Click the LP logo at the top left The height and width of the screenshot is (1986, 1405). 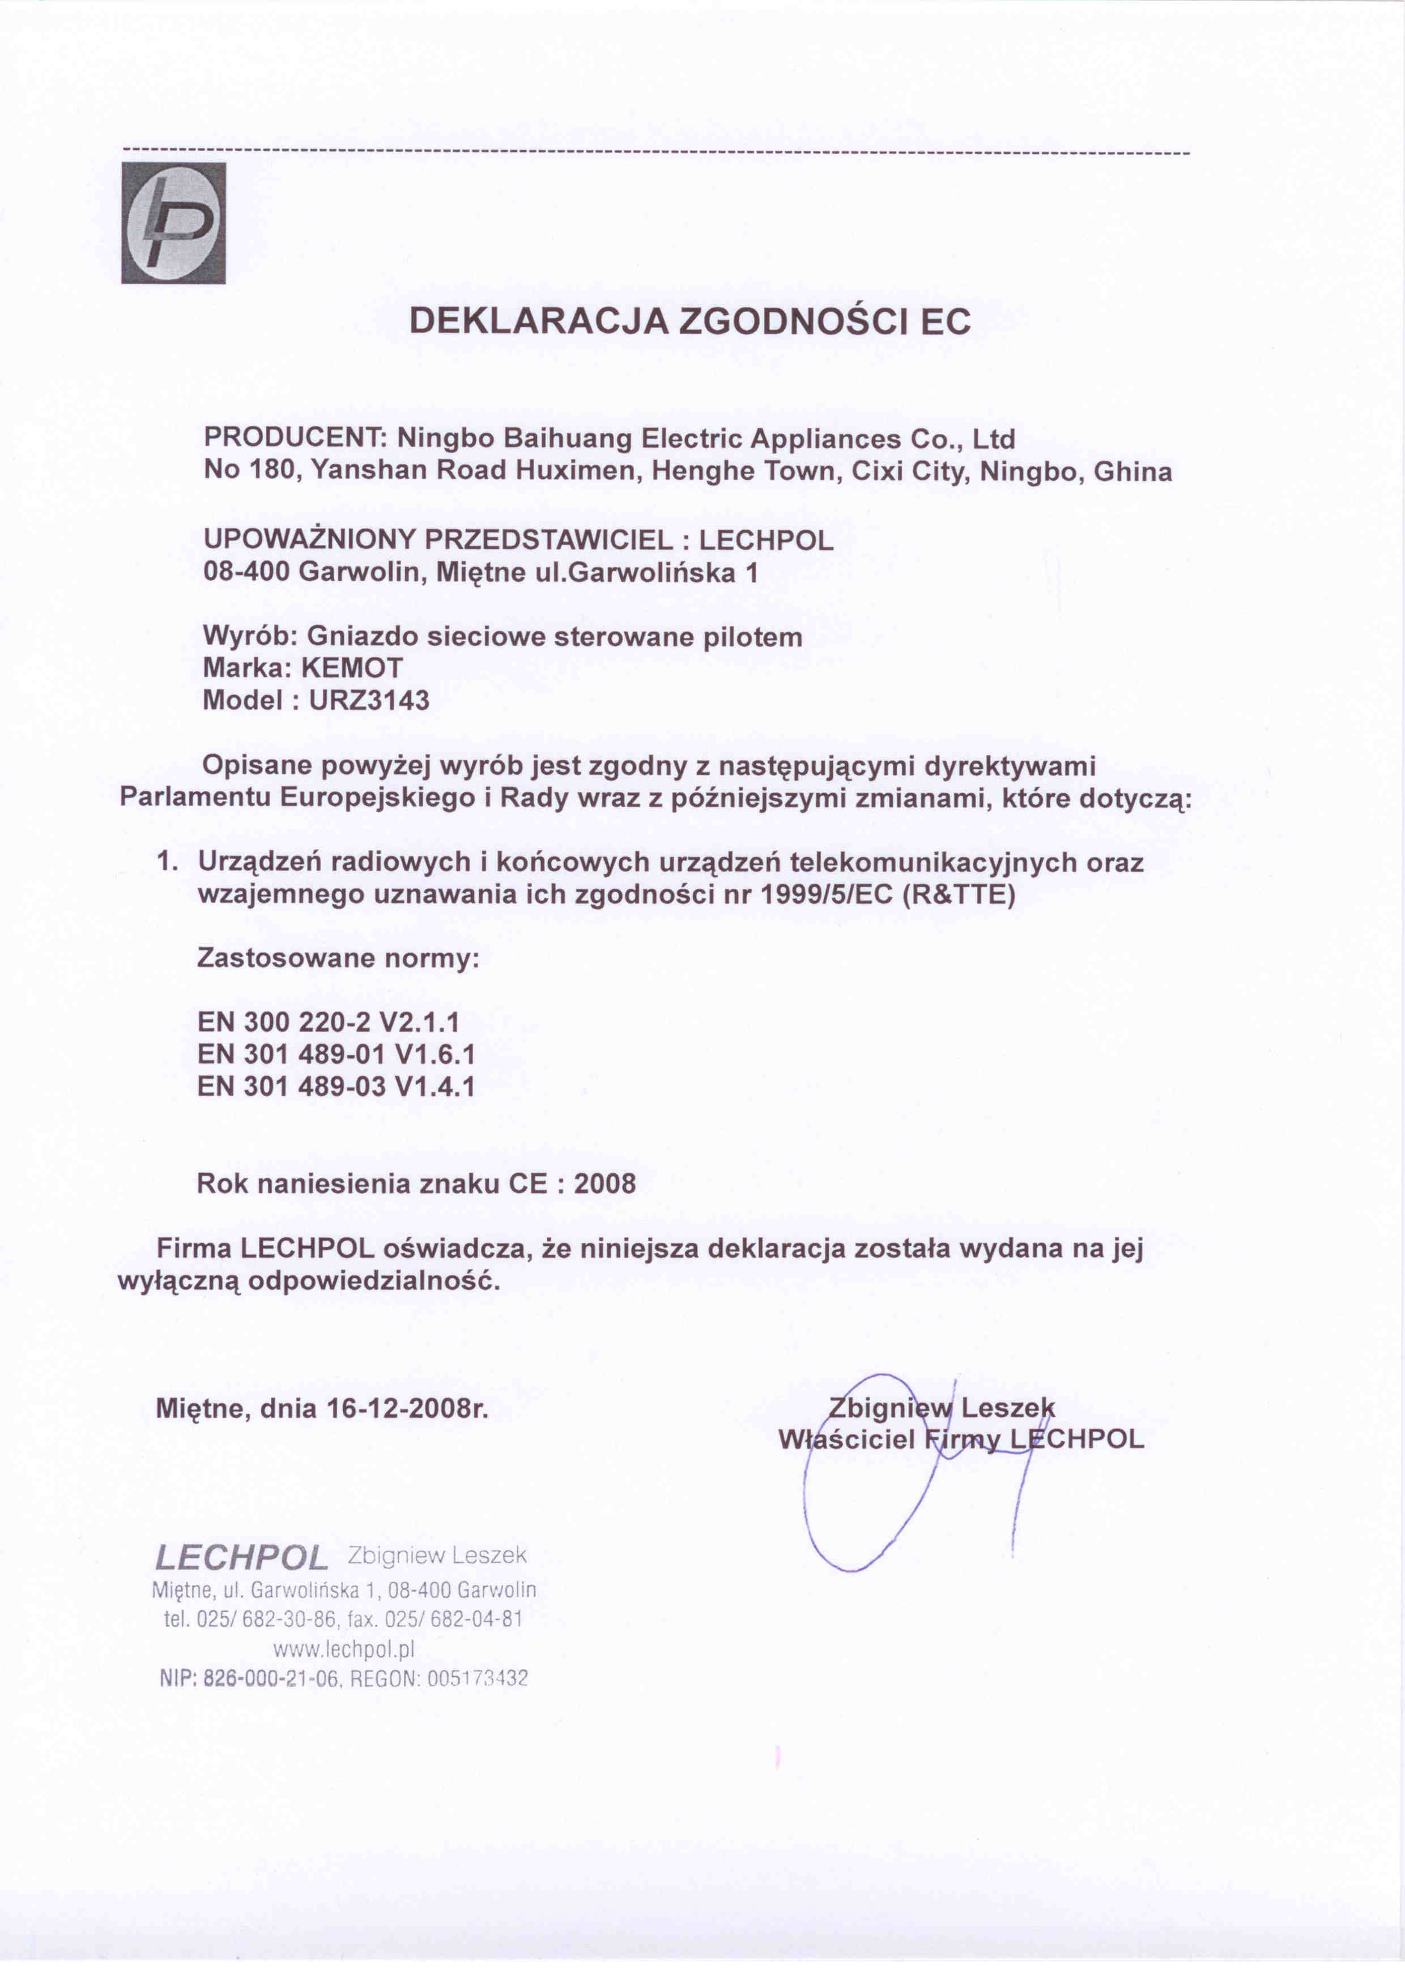tap(173, 223)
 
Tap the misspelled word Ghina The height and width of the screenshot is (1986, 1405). tap(1132, 472)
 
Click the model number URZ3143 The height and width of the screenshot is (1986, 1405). tap(369, 700)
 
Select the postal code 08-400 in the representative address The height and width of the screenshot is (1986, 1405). tap(246, 573)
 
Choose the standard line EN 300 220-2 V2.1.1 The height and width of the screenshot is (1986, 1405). tap(328, 1022)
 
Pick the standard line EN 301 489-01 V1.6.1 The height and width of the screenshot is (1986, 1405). tap(336, 1054)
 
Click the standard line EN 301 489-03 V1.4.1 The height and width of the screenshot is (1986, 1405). tap(336, 1086)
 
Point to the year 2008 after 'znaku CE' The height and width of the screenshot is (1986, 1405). tap(604, 1183)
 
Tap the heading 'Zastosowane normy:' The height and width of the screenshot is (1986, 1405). tap(338, 958)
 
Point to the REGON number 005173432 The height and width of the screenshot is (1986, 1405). tap(478, 1679)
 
